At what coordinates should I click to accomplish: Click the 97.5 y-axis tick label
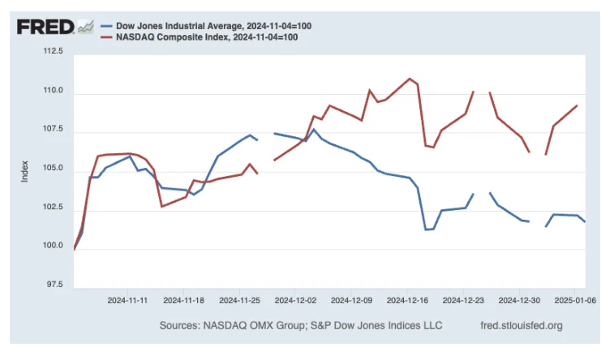point(52,285)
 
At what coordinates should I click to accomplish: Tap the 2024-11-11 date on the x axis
point(128,299)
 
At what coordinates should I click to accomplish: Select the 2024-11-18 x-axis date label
point(184,299)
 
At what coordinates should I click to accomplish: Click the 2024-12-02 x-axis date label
point(295,299)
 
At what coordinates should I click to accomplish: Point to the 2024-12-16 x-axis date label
point(407,299)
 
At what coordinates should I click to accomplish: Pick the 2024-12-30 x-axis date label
point(519,299)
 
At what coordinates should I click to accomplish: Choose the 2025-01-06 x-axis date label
point(574,299)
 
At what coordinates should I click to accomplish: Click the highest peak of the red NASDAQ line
point(410,79)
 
